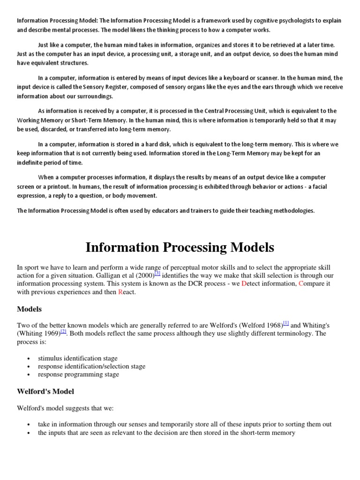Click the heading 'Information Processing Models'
(x=180, y=247)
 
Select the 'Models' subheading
(x=29, y=309)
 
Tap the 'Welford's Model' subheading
(x=45, y=391)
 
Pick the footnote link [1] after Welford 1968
(x=286, y=323)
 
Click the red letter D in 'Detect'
(x=244, y=284)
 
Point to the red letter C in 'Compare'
(x=301, y=284)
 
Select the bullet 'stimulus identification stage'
(x=77, y=358)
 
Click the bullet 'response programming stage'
(x=78, y=374)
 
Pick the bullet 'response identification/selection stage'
(x=91, y=366)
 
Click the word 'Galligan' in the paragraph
(x=108, y=276)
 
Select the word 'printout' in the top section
(x=49, y=187)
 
